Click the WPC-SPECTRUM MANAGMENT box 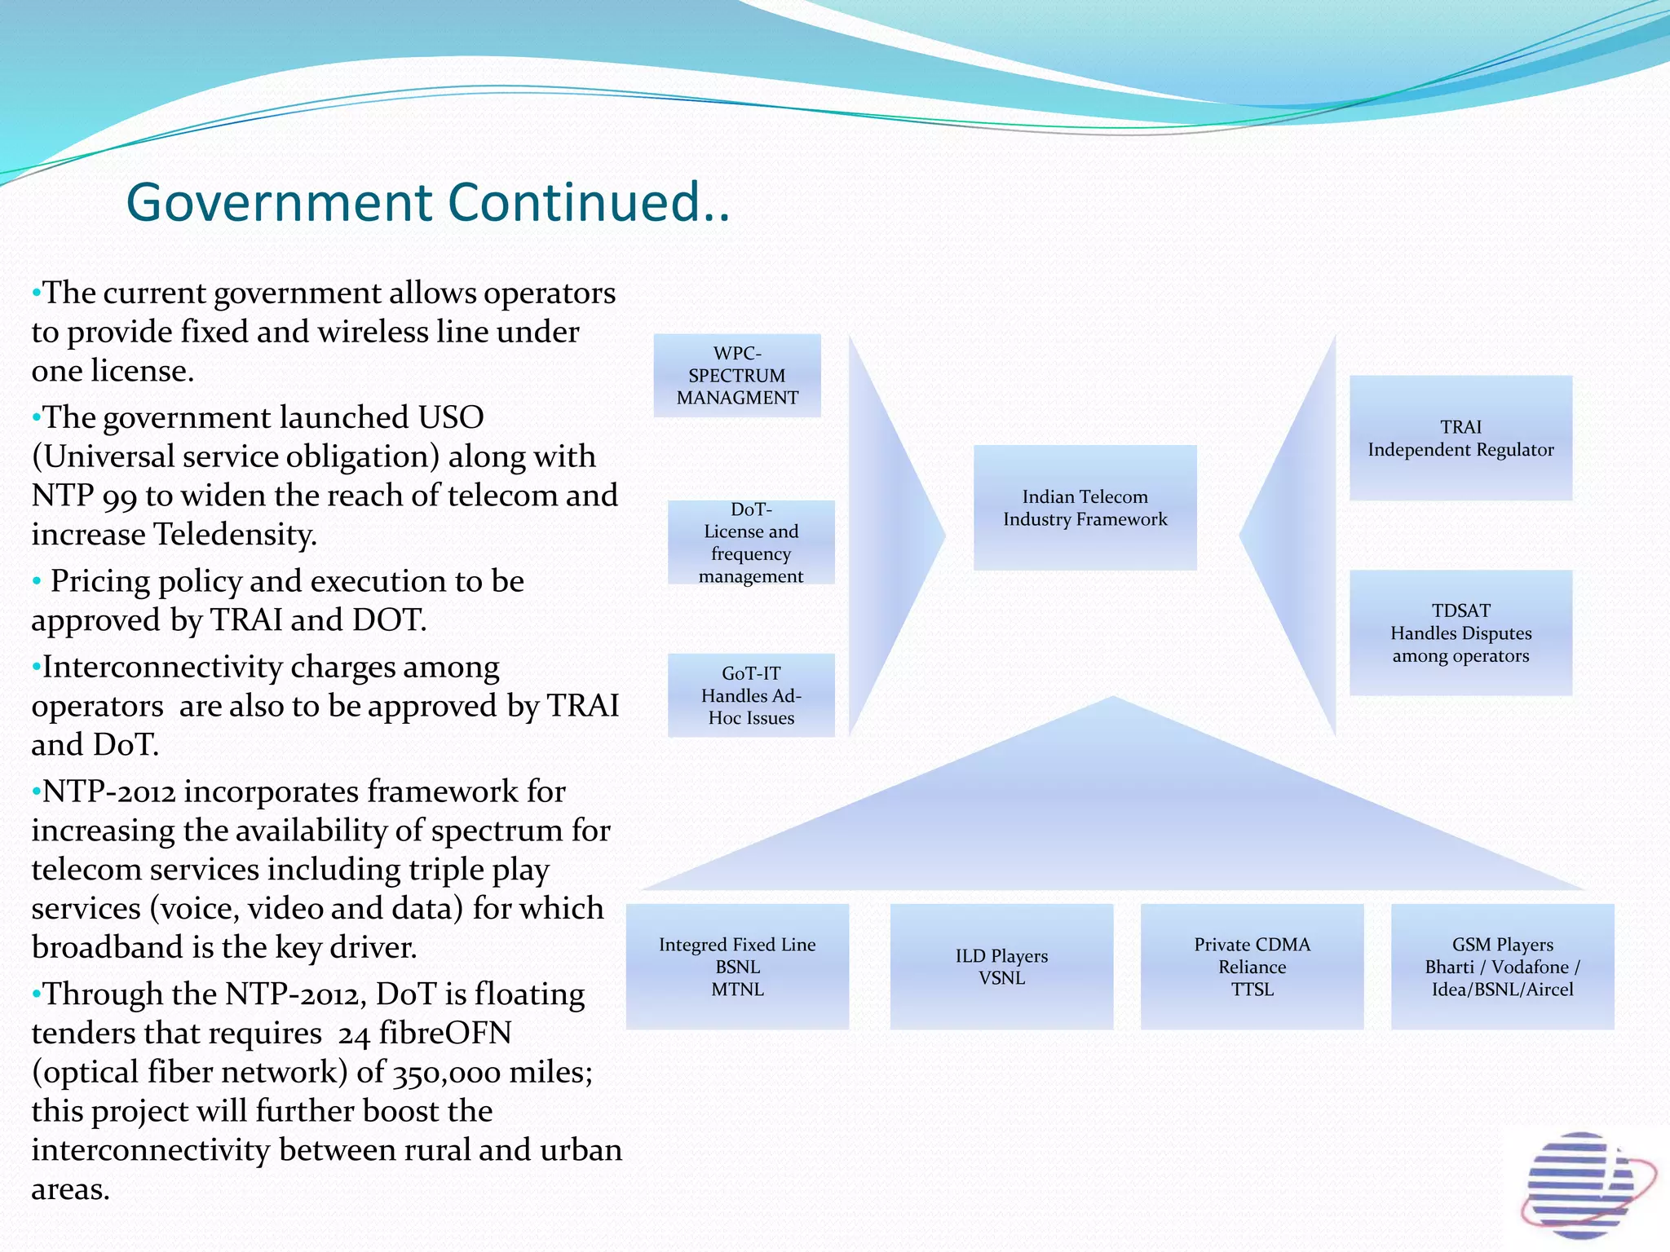pyautogui.click(x=737, y=376)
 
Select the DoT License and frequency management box pyautogui.click(x=751, y=543)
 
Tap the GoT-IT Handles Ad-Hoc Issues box pyautogui.click(x=751, y=695)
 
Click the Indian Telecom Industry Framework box pyautogui.click(x=1085, y=508)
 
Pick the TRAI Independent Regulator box pyautogui.click(x=1460, y=439)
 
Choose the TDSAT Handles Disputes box pyautogui.click(x=1460, y=633)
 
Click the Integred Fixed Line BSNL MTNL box pyautogui.click(x=737, y=967)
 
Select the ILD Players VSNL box pyautogui.click(x=1001, y=967)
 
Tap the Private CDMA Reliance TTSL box pyautogui.click(x=1252, y=967)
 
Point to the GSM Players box pyautogui.click(x=1502, y=967)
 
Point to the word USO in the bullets pyautogui.click(x=451, y=417)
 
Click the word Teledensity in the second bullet pyautogui.click(x=236, y=535)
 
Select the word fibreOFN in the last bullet pyautogui.click(x=446, y=1034)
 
